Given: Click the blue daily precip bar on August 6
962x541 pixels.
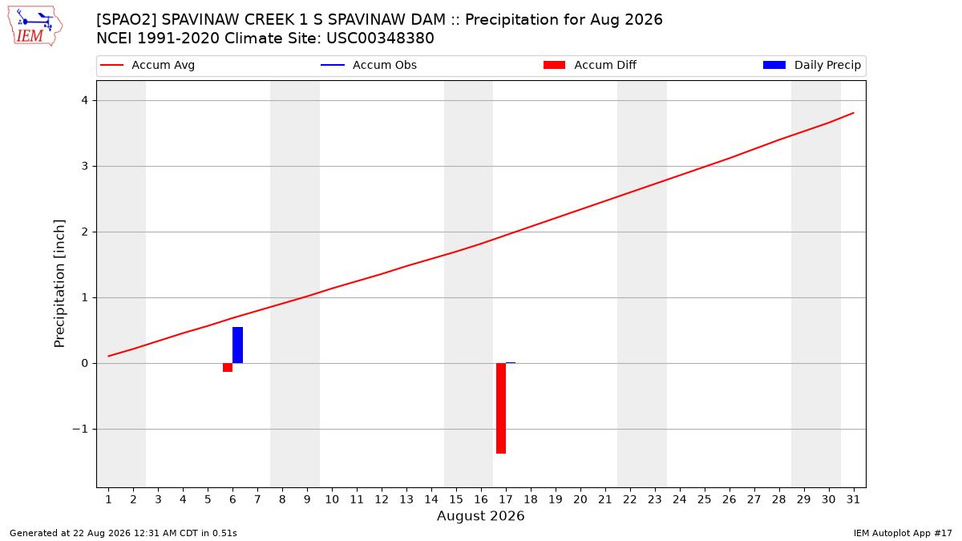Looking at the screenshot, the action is [x=237, y=345].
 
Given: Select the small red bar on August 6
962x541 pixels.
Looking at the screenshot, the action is [x=228, y=368].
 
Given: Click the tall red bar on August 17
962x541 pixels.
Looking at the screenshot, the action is [x=501, y=408].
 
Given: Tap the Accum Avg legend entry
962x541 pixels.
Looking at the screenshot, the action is [x=148, y=65].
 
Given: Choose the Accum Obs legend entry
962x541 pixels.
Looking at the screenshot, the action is [x=369, y=65].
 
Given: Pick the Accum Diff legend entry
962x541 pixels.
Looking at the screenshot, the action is [x=590, y=65].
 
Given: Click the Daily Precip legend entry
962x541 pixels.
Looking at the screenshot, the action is [x=811, y=65].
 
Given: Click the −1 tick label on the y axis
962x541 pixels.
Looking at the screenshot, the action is [x=80, y=430].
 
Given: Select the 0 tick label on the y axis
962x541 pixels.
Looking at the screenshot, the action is [x=85, y=364].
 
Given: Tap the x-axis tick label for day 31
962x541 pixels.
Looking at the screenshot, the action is [x=853, y=500].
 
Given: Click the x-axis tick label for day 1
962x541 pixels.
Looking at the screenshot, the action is [x=109, y=500].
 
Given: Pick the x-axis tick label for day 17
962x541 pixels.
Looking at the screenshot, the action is [x=506, y=500].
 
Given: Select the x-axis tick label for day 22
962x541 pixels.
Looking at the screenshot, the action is [x=630, y=500].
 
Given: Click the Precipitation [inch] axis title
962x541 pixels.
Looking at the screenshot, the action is [x=59, y=284].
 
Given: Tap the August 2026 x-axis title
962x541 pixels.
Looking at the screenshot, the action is [x=481, y=515].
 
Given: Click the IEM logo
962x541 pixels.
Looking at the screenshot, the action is [x=35, y=26].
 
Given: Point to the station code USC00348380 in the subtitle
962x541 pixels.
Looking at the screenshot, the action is [x=380, y=38].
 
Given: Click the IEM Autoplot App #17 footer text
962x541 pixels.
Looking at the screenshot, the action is [x=903, y=533].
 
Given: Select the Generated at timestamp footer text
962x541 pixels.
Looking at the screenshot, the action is [x=123, y=533].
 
